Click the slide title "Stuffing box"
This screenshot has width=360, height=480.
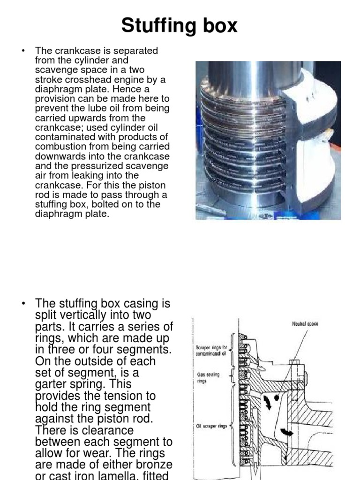pyautogui.click(x=180, y=26)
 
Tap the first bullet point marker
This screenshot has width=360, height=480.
pyautogui.click(x=23, y=51)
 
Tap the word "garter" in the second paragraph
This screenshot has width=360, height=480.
pyautogui.click(x=53, y=384)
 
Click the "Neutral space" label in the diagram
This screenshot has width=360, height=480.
pyautogui.click(x=305, y=324)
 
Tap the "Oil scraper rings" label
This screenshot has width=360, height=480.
pyautogui.click(x=210, y=426)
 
